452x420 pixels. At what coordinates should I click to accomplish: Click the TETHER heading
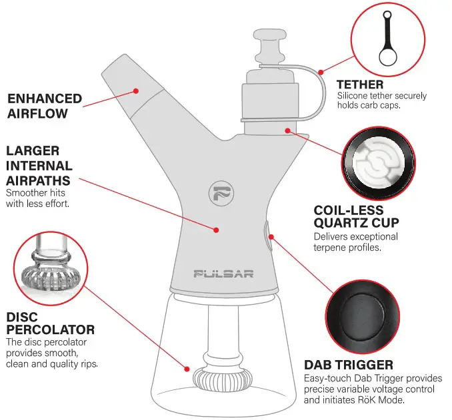click(x=360, y=85)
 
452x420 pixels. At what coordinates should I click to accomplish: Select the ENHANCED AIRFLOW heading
click(x=45, y=106)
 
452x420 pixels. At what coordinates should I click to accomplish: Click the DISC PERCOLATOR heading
click(x=50, y=323)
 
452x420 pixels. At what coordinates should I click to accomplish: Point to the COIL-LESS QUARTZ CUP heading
click(x=356, y=217)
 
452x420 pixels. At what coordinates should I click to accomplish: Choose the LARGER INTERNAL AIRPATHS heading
click(x=39, y=166)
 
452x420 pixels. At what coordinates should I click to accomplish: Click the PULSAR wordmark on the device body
click(x=223, y=274)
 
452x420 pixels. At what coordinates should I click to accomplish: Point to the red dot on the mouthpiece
click(x=136, y=89)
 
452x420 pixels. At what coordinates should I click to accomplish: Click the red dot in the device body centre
click(x=217, y=230)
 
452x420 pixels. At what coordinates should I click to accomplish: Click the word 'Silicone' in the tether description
click(x=353, y=96)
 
